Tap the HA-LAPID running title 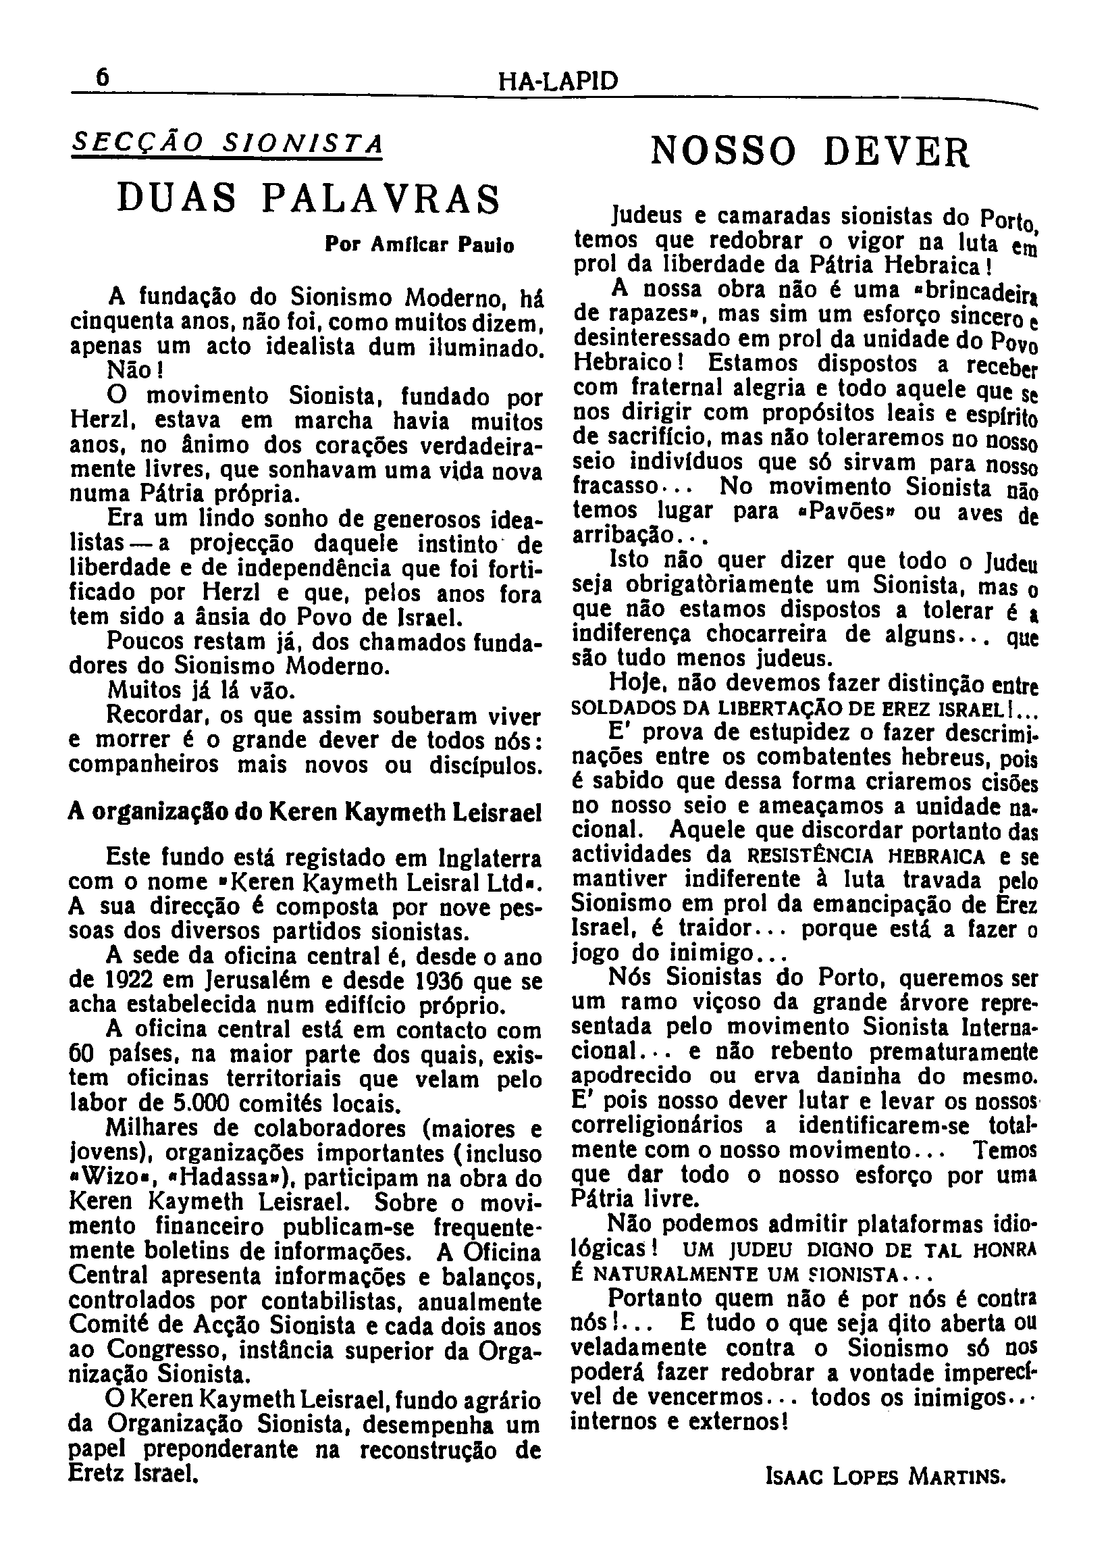click(x=558, y=82)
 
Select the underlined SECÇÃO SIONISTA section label click(x=226, y=144)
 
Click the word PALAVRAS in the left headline click(x=381, y=199)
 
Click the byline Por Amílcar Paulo click(x=419, y=245)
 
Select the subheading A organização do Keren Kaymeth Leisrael click(x=305, y=812)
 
